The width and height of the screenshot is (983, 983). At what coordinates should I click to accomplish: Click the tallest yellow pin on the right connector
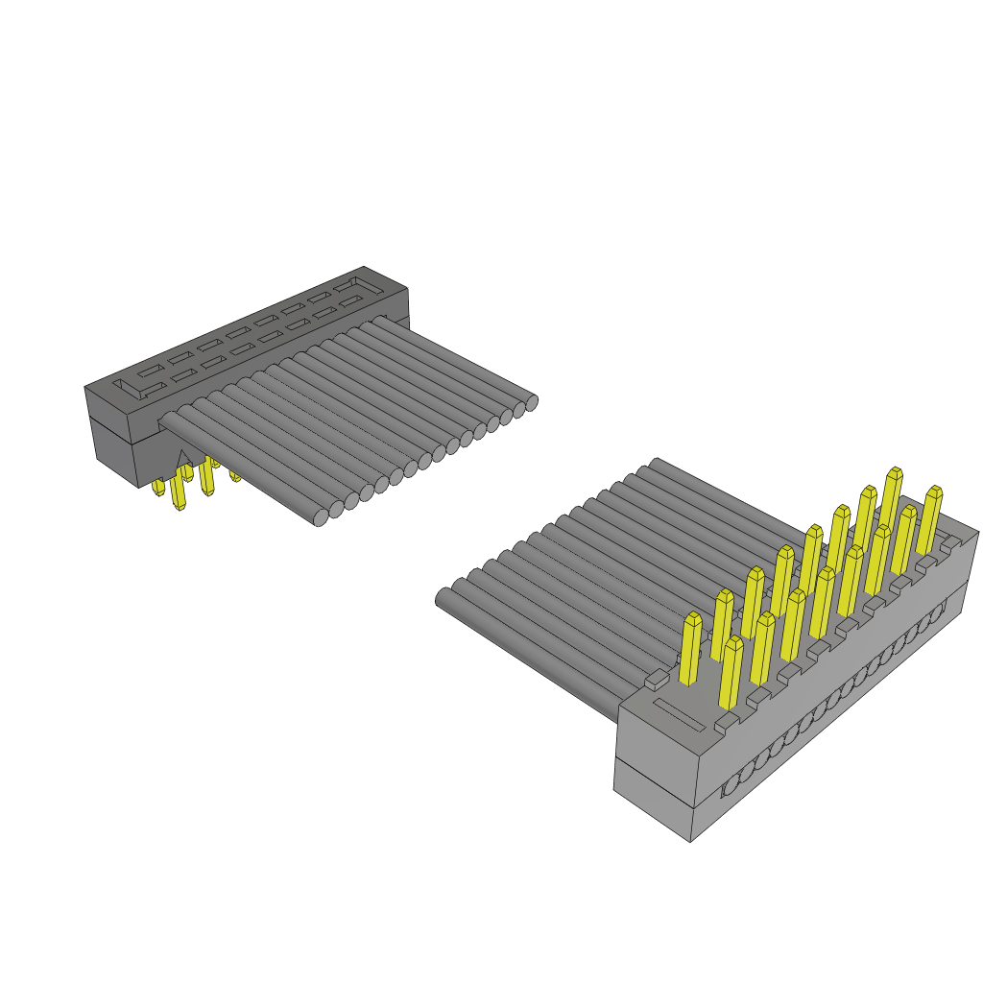(893, 499)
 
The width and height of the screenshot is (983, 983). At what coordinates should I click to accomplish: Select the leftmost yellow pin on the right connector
(690, 648)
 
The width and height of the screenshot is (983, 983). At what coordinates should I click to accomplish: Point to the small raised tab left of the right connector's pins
(655, 681)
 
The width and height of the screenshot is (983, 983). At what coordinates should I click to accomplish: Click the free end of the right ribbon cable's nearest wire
(444, 599)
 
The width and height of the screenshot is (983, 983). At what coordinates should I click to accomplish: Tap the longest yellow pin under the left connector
(178, 491)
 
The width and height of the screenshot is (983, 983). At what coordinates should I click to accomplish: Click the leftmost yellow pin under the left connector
(158, 489)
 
